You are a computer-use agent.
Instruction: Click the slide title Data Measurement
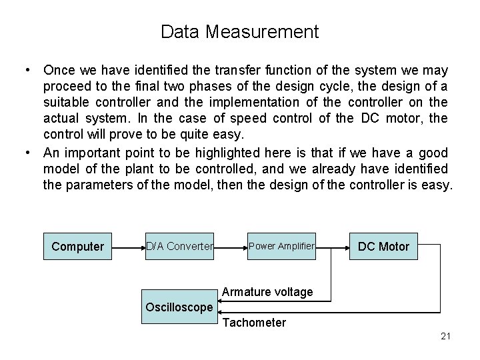tap(240, 31)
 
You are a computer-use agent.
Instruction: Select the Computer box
tap(77, 247)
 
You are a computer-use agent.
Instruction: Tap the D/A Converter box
tap(179, 247)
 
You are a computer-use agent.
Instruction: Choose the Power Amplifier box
tap(281, 247)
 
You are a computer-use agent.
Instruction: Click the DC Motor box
tap(383, 247)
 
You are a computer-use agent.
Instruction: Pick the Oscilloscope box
tap(179, 307)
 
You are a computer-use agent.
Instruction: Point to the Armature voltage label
tap(267, 292)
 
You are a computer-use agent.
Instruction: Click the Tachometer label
tap(254, 323)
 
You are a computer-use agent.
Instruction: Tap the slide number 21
tap(446, 336)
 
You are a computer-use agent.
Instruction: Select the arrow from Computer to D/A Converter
tap(129, 247)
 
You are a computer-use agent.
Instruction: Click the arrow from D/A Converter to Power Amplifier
tap(231, 247)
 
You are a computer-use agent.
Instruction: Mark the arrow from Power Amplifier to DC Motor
tap(333, 247)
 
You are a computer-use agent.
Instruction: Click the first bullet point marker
tap(27, 70)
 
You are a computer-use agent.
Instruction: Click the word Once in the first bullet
tap(59, 70)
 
